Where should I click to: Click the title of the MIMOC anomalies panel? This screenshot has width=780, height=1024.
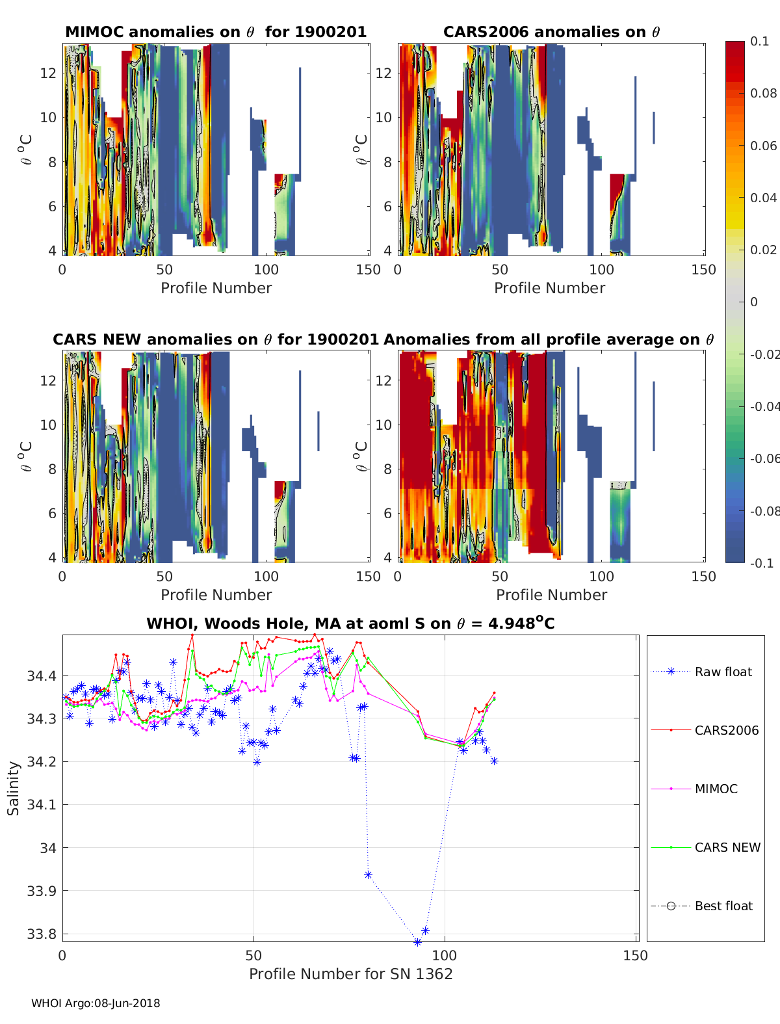[x=216, y=32]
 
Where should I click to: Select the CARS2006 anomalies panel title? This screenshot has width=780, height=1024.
[x=551, y=32]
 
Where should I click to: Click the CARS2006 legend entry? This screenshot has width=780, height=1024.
[x=726, y=730]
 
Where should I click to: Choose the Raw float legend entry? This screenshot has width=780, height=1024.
[x=723, y=672]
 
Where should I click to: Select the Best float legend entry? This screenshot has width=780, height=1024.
[x=723, y=906]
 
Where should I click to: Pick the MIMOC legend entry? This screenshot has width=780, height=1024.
[x=716, y=789]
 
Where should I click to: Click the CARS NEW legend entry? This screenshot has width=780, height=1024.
[x=727, y=847]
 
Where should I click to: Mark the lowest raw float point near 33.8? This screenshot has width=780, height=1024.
[x=417, y=941]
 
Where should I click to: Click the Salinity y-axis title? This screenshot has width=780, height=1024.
[x=14, y=788]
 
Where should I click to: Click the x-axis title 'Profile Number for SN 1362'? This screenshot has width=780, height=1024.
[x=350, y=974]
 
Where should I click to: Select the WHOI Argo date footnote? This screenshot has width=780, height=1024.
[x=96, y=1003]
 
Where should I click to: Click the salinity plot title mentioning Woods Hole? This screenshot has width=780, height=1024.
[x=350, y=624]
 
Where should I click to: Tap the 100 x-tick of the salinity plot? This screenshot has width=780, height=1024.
[x=445, y=955]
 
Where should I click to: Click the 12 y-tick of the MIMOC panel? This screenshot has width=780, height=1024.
[x=48, y=73]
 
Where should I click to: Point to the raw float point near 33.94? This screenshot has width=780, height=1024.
[x=368, y=874]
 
